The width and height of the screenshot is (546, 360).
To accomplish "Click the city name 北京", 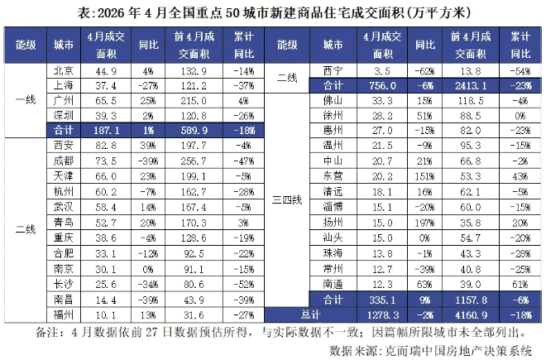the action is point(64,71).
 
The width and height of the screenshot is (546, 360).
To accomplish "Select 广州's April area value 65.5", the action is point(106,101).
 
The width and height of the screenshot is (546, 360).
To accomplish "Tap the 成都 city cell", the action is point(64,161).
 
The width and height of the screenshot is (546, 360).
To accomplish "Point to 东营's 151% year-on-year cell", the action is point(424,176).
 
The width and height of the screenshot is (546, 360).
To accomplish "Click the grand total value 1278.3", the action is point(382,315).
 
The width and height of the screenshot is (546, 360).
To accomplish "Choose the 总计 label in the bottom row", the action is point(310,314).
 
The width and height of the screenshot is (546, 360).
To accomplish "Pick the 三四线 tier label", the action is point(287,200).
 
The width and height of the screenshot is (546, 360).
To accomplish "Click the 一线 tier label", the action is point(26,100).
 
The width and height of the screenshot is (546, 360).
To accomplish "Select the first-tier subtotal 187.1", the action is point(106,130).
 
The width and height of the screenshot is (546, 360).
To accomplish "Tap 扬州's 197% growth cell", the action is point(424,223).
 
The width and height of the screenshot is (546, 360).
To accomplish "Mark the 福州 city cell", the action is point(64,314).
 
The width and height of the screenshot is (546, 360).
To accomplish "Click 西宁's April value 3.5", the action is point(382,71).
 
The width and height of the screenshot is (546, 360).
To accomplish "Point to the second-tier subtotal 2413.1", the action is point(471,86).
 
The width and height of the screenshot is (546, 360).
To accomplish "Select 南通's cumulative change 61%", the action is point(520,285).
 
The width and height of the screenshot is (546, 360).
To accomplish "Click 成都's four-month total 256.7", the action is point(194,161).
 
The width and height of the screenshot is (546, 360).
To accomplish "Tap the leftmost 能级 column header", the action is point(26,45).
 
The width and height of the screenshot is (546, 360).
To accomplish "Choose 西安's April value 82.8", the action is point(106,146).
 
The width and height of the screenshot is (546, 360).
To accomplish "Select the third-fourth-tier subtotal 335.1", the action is point(382,300).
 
